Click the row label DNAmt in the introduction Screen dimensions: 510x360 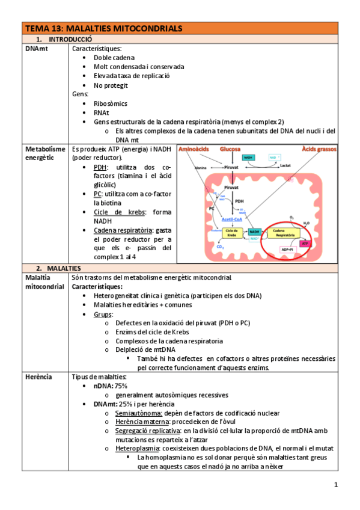click(x=37, y=48)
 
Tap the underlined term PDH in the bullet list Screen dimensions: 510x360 click(x=100, y=167)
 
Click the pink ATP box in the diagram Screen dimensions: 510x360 click(x=304, y=243)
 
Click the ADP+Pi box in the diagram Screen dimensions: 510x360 click(x=283, y=249)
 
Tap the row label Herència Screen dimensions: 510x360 click(x=39, y=376)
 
